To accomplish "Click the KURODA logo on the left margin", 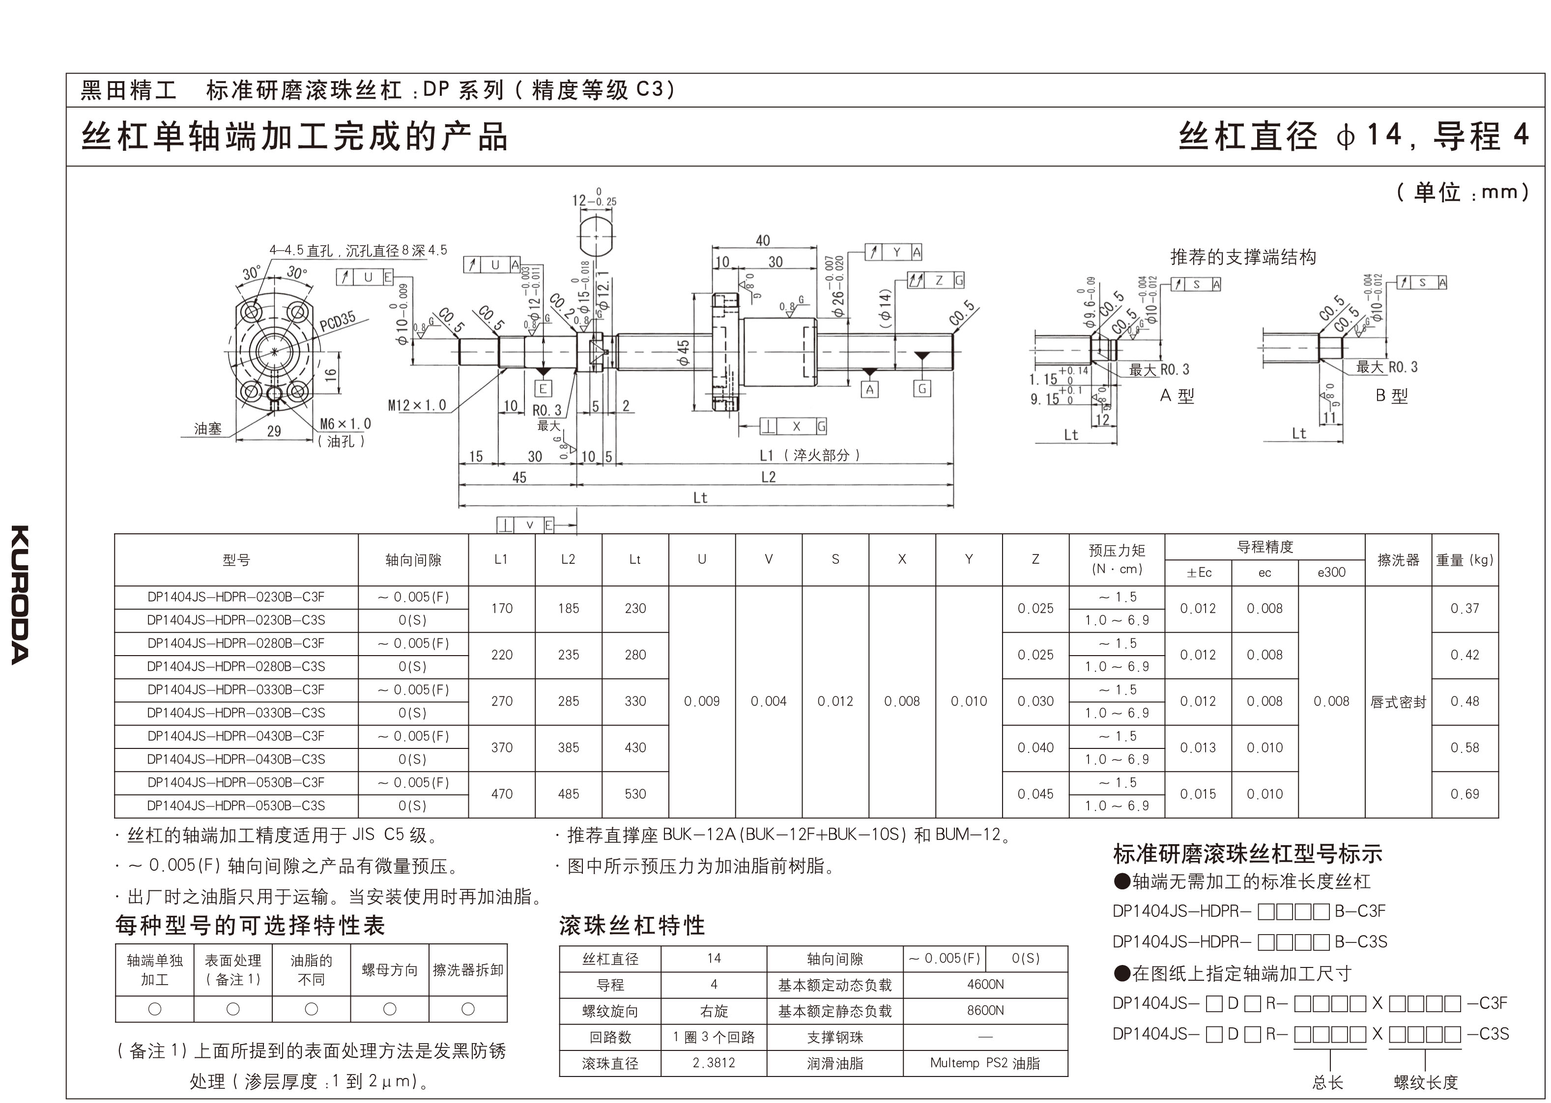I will point(20,594).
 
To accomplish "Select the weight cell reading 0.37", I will point(1464,608).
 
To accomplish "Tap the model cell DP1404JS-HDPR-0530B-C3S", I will point(236,805).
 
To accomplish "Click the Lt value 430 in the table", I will point(635,748).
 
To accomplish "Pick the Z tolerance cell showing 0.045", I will point(1035,794).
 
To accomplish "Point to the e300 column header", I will point(1331,573).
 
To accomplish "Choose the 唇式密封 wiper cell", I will point(1397,702).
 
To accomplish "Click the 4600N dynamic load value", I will point(985,984).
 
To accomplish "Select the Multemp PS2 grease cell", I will point(985,1063).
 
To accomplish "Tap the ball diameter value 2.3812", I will point(714,1063).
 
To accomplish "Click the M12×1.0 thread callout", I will point(417,406).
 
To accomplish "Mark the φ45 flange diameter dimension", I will point(683,353).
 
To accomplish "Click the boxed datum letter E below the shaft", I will point(543,388).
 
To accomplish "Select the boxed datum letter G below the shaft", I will point(921,388).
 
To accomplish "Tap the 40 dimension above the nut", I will point(763,241).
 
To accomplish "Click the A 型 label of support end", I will point(1177,396).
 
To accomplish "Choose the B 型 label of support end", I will point(1391,396).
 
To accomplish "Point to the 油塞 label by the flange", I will point(207,429).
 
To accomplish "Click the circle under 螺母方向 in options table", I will point(389,1009).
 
